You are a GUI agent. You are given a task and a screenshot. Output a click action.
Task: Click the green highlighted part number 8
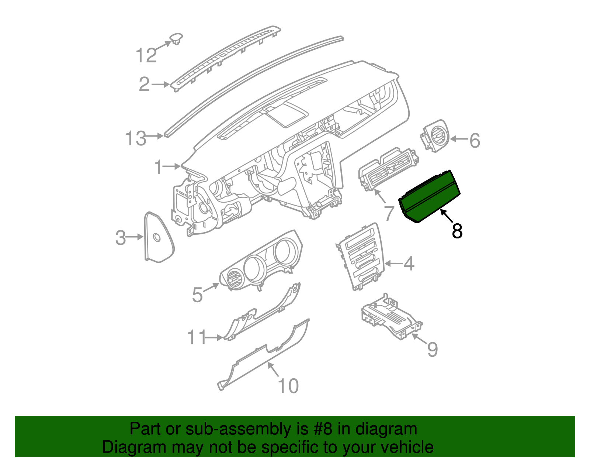click(430, 197)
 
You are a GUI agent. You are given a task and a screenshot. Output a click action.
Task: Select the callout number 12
click(146, 56)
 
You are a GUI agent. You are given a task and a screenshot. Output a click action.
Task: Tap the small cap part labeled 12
click(176, 38)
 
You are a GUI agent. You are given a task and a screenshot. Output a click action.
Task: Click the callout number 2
click(144, 85)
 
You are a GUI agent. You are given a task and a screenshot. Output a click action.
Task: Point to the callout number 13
click(136, 138)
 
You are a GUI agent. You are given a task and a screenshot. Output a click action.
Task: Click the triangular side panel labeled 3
click(158, 238)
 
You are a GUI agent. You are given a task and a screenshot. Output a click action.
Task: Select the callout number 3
click(121, 238)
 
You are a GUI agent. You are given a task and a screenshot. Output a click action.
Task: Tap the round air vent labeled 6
click(436, 136)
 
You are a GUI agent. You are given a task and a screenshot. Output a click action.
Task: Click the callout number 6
click(475, 141)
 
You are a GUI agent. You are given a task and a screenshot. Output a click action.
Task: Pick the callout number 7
click(390, 213)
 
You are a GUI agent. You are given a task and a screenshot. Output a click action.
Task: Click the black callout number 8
click(457, 231)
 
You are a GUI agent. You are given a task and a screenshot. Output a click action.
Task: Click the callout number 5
click(198, 295)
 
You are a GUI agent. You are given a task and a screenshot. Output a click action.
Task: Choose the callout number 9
click(432, 349)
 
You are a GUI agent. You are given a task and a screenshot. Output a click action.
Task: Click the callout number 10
click(288, 386)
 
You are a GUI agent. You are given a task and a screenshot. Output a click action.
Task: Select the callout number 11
click(196, 337)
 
